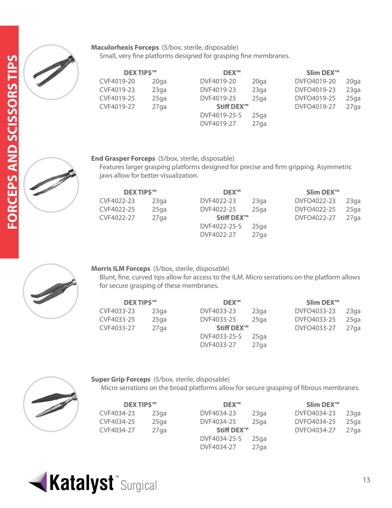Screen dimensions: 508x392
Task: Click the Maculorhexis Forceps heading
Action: tap(125, 48)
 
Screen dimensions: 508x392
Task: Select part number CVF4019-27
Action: tap(117, 107)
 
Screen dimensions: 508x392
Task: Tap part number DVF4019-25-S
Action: tap(221, 115)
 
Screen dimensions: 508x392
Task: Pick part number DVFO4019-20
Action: tap(315, 81)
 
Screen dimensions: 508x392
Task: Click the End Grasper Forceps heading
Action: tap(123, 158)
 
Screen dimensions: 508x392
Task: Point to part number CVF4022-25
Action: tap(117, 209)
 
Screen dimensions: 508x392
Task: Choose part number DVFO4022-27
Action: tap(315, 218)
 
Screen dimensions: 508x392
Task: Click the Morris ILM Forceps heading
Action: tap(120, 269)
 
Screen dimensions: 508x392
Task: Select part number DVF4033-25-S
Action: tap(221, 336)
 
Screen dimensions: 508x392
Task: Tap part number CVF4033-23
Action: tap(117, 311)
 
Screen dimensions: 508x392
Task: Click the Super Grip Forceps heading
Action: tap(121, 379)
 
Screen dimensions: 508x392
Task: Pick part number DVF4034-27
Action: tap(218, 447)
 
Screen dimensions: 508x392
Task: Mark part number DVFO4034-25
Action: tap(315, 422)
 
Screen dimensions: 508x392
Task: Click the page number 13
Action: tap(366, 480)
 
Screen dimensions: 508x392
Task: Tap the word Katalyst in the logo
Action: tap(81, 483)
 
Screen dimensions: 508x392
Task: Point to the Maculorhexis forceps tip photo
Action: tap(51, 72)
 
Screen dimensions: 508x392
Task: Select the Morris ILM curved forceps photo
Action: tap(51, 291)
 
